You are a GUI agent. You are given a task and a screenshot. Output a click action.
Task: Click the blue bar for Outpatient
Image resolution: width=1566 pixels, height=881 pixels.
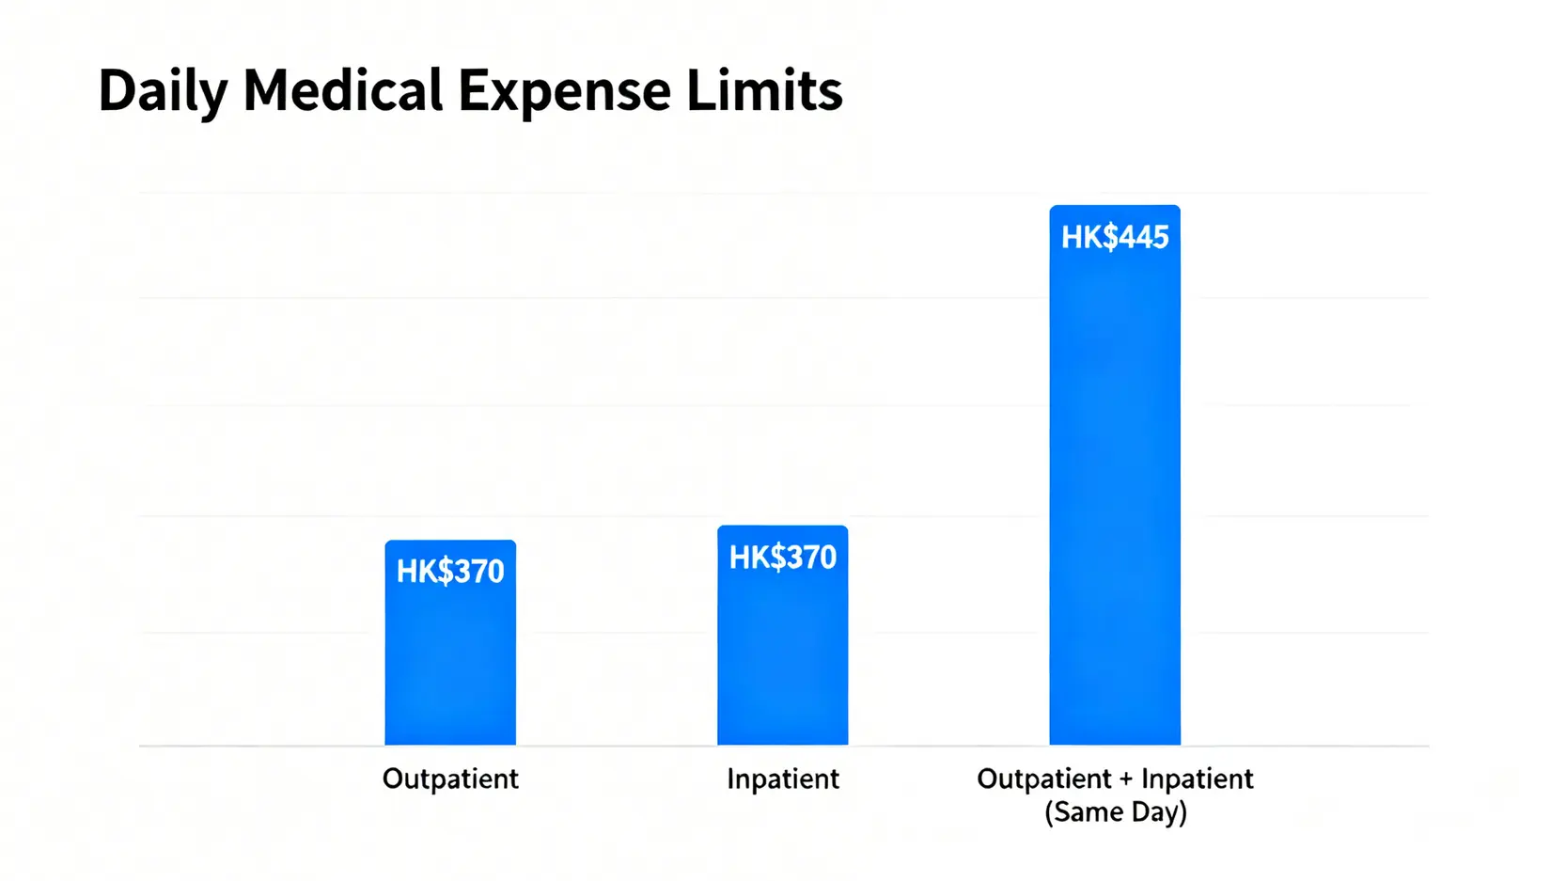point(450,658)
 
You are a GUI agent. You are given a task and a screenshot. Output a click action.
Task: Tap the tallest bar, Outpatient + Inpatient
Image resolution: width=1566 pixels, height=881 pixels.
point(1115,489)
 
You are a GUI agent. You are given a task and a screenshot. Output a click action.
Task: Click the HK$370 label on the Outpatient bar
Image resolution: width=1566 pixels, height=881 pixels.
point(450,572)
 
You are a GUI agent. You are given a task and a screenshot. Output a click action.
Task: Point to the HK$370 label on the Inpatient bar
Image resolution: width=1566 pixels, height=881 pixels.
point(782,558)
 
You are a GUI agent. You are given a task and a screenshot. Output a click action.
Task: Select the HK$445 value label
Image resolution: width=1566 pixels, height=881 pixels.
point(1115,237)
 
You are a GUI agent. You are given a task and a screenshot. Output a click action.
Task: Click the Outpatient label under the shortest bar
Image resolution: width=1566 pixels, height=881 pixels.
point(450,779)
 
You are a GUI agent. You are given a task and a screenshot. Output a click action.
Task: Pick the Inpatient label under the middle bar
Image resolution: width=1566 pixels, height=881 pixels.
point(782,779)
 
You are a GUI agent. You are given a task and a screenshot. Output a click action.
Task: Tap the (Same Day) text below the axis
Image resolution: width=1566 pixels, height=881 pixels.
point(1115,811)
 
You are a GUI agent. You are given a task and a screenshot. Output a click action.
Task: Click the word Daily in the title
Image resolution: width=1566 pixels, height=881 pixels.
point(163,91)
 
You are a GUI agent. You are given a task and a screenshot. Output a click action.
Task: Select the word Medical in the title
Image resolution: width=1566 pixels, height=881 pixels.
point(342,91)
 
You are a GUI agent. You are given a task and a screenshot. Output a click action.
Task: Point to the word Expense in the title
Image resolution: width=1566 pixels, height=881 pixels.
point(564,91)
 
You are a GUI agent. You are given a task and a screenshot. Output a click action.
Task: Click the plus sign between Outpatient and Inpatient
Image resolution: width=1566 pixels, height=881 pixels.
point(1126,779)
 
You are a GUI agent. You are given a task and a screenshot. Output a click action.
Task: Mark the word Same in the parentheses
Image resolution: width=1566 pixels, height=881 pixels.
point(1086,811)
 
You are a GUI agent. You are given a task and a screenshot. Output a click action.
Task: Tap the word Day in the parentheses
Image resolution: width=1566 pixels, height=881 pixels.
point(1157,811)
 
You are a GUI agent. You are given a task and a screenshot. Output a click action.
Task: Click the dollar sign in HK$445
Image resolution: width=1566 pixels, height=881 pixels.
point(1109,237)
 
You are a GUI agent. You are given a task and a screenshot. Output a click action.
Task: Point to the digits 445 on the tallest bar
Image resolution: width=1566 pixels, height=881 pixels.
point(1144,237)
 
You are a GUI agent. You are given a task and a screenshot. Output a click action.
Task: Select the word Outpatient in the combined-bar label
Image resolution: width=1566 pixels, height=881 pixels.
point(1044,779)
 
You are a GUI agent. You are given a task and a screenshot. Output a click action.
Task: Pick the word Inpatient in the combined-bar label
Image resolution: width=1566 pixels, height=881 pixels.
point(1197,779)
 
